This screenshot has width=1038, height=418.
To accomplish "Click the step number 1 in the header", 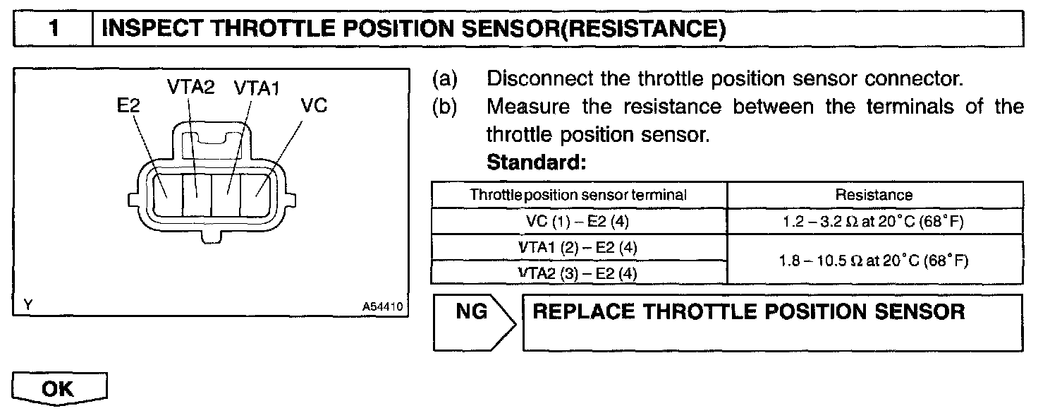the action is [x=54, y=29].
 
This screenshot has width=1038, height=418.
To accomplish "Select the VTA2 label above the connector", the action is [x=190, y=87].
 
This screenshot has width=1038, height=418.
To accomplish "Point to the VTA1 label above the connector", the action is [x=257, y=87].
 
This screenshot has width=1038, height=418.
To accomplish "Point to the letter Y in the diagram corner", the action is [x=28, y=306].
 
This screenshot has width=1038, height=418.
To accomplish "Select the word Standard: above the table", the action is [x=537, y=163].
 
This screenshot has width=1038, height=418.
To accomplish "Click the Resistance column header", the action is [x=874, y=194].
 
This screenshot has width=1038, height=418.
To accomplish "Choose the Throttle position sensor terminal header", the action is [x=578, y=194].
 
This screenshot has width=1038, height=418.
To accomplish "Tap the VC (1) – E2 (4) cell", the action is [x=578, y=222].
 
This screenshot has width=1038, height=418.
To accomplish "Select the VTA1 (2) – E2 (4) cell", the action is [x=578, y=248].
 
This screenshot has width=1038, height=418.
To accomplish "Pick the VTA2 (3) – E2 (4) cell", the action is [x=578, y=273].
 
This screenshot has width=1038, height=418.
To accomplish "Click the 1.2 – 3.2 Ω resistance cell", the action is [x=874, y=222].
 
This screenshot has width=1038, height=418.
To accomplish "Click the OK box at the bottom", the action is [x=59, y=389].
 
